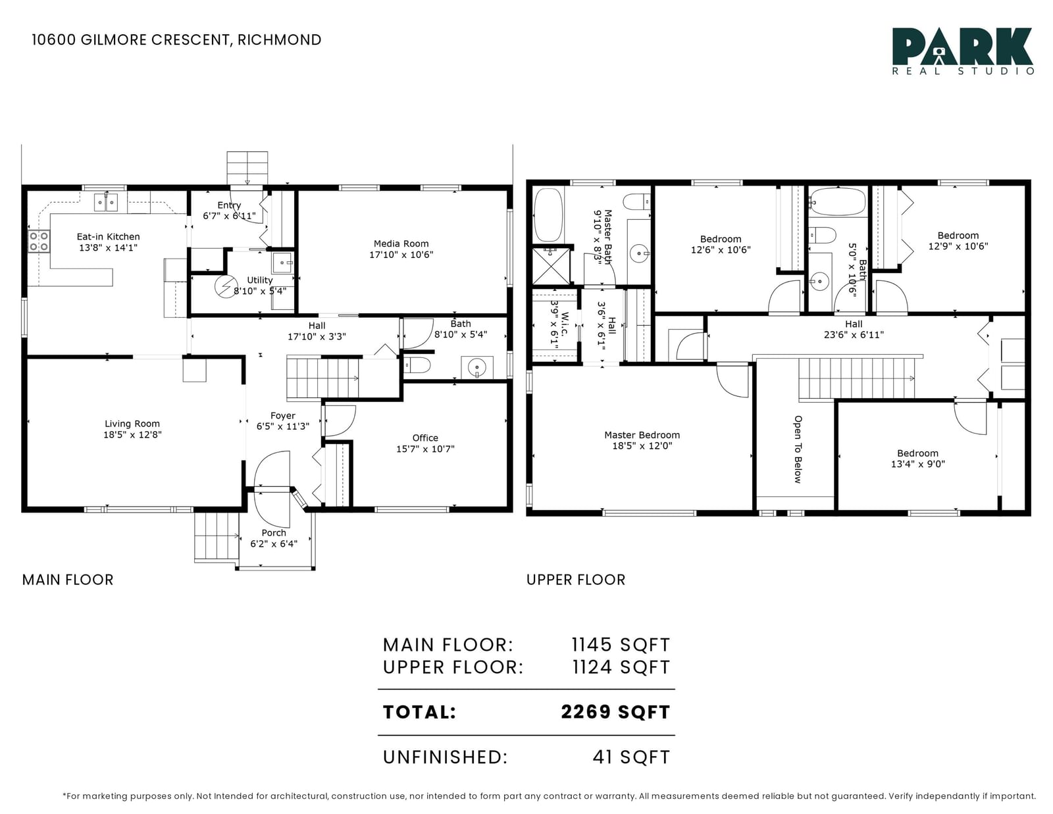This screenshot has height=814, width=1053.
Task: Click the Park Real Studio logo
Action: (962, 51)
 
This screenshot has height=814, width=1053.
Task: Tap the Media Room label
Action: (401, 243)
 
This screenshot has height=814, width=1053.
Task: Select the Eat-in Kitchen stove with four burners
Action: (39, 242)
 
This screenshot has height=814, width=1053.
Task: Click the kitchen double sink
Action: (106, 202)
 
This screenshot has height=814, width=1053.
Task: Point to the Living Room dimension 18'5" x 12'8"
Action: (132, 434)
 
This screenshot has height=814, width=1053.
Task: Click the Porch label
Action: (274, 532)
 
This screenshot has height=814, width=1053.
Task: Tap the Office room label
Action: (425, 438)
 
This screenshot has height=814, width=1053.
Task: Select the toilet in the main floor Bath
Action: (417, 365)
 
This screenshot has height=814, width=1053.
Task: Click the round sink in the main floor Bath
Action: (477, 367)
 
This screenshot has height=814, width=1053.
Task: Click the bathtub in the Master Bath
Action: (548, 215)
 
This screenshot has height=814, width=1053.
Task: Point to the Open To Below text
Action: (798, 449)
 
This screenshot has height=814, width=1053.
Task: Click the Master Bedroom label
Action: (642, 434)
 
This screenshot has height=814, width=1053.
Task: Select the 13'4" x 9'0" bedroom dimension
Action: (918, 464)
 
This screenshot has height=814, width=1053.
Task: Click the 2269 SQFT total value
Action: (615, 712)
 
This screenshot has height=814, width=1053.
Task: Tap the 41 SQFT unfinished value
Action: (631, 757)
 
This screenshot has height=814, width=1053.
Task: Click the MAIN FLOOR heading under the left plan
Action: (68, 580)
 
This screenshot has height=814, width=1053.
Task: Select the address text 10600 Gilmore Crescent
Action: (131, 39)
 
